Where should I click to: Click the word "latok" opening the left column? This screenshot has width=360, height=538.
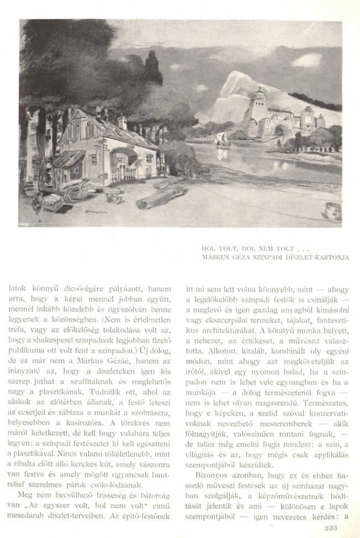coord(20,287)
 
